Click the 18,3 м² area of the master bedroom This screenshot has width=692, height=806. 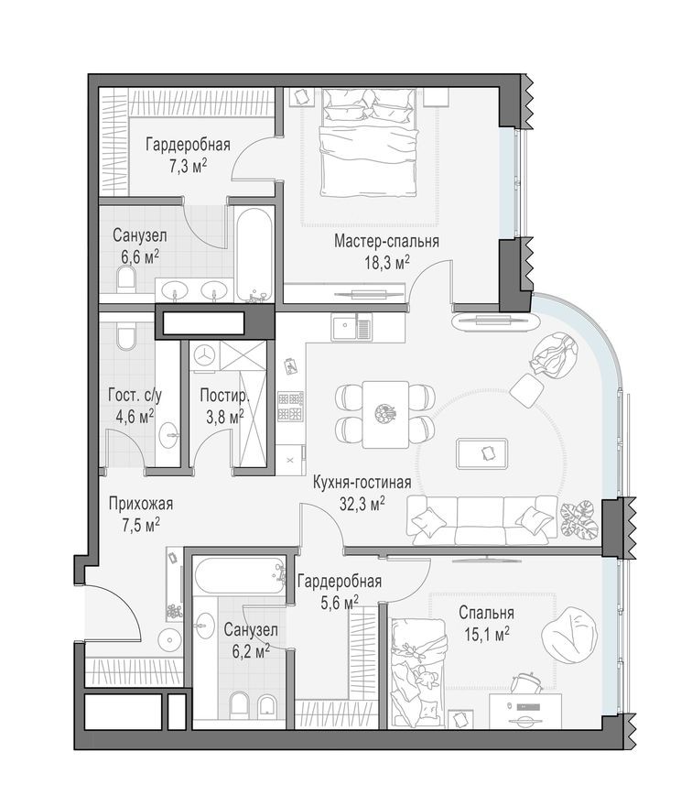point(385,261)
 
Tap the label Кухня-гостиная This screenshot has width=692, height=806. point(361,483)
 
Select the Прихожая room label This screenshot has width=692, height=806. point(140,504)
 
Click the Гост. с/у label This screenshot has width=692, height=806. point(135,397)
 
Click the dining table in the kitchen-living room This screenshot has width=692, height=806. point(384,414)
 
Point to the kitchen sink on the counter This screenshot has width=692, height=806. point(345,325)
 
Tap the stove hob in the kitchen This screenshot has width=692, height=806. point(291,407)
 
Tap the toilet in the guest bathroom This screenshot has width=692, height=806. point(128,339)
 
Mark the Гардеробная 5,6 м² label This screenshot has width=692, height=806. point(340,581)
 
